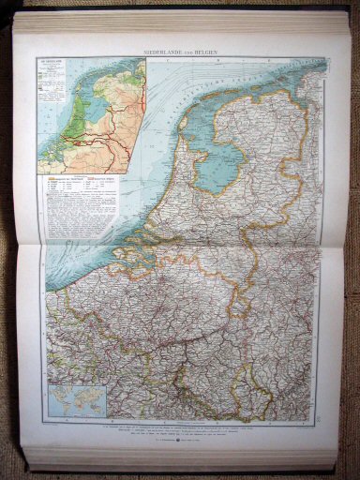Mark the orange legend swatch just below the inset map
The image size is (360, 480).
[x=65, y=176]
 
